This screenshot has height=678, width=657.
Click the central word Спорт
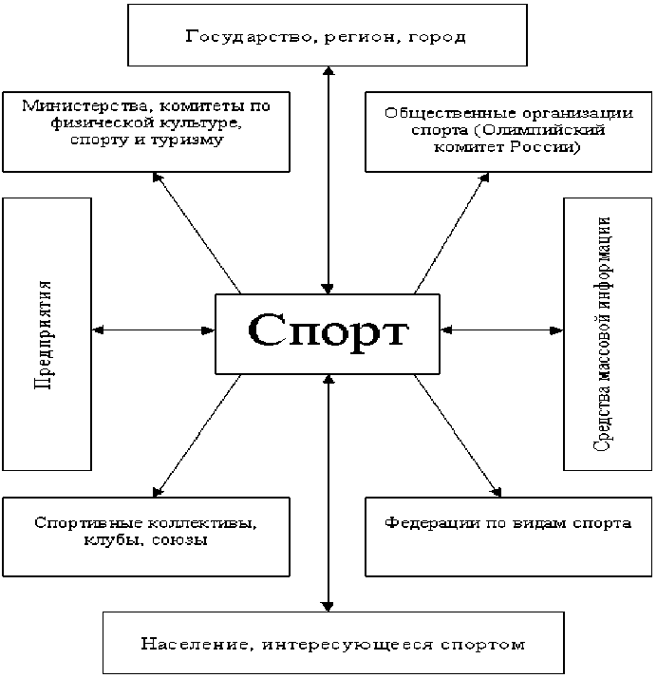click(328, 332)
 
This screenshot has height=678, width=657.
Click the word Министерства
click(82, 104)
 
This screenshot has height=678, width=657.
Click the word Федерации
click(423, 522)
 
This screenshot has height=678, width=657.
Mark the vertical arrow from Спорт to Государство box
click(328, 180)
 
